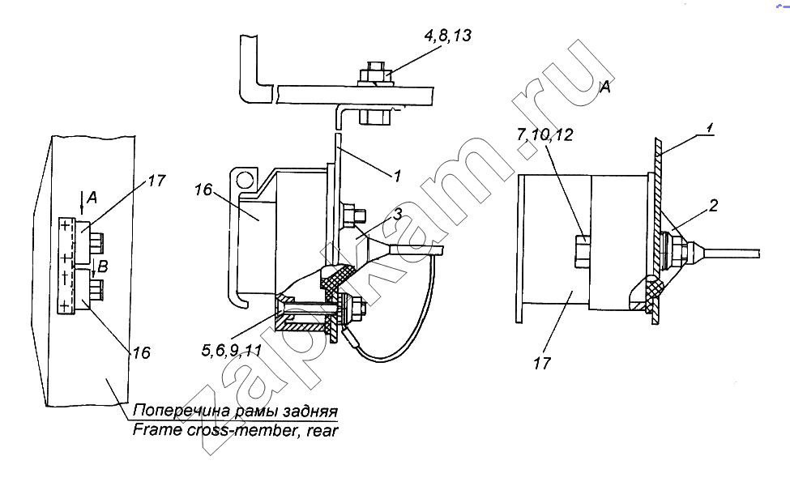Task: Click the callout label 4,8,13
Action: tap(447, 36)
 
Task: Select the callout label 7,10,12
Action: tap(544, 134)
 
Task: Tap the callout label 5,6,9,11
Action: tap(232, 350)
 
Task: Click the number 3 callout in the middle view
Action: tap(398, 215)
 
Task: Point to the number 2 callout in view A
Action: tap(713, 206)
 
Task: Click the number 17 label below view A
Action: tap(542, 363)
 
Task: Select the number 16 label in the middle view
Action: tap(203, 190)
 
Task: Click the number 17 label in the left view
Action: tap(156, 181)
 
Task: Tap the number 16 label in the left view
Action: tap(142, 352)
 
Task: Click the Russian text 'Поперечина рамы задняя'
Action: tap(235, 411)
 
